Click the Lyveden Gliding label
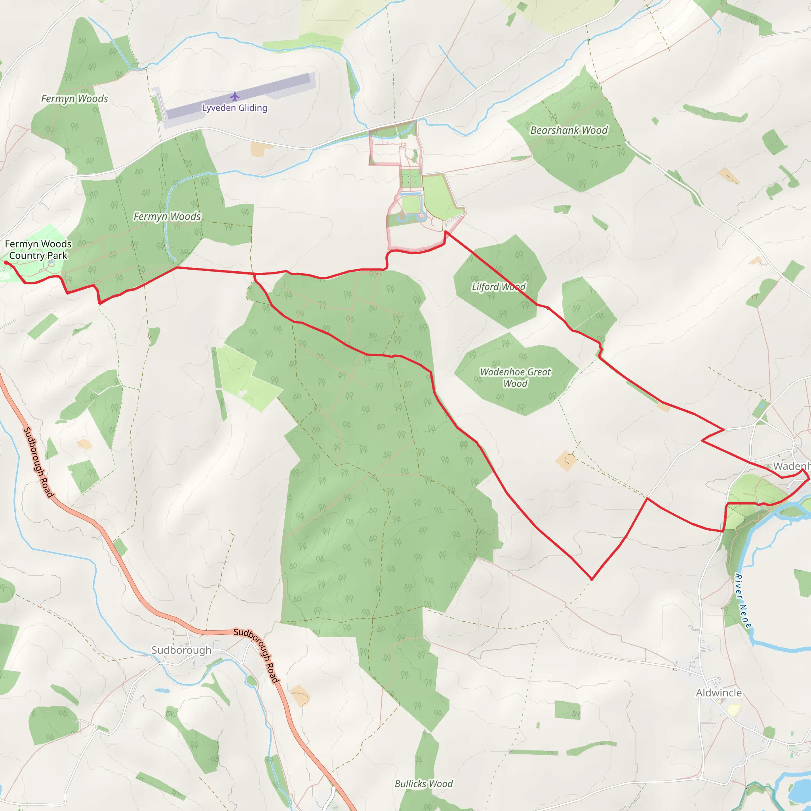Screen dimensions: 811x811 pos(235,108)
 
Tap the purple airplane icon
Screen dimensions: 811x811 pos(235,97)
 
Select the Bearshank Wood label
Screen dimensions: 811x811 pos(569,130)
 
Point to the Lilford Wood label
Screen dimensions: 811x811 pos(498,287)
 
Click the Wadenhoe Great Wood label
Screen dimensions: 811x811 pos(515,377)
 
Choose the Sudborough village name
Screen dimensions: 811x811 pos(181,650)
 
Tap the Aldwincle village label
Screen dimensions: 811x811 pos(719,693)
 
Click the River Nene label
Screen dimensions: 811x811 pos(743,601)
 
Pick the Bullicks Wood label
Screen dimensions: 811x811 pos(424,784)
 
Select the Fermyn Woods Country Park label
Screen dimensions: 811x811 pos(38,250)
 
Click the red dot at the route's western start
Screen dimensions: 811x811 pos(6,263)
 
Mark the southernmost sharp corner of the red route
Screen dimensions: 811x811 pos(592,580)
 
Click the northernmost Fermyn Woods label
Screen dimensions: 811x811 pos(74,99)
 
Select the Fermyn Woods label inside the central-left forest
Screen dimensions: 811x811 pos(167,217)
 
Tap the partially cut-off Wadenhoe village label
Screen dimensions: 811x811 pos(792,466)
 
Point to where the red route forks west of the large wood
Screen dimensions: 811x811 pos(254,274)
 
